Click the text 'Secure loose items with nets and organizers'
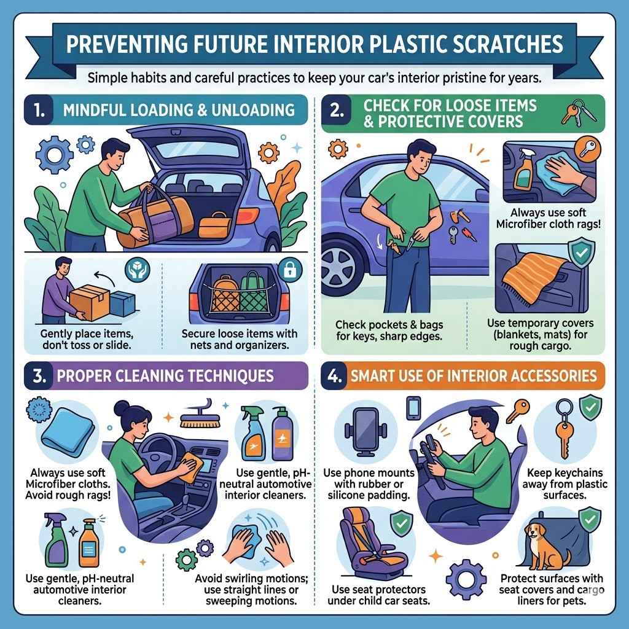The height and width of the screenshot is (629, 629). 240,339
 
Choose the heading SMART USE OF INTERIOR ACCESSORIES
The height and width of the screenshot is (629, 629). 473,375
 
